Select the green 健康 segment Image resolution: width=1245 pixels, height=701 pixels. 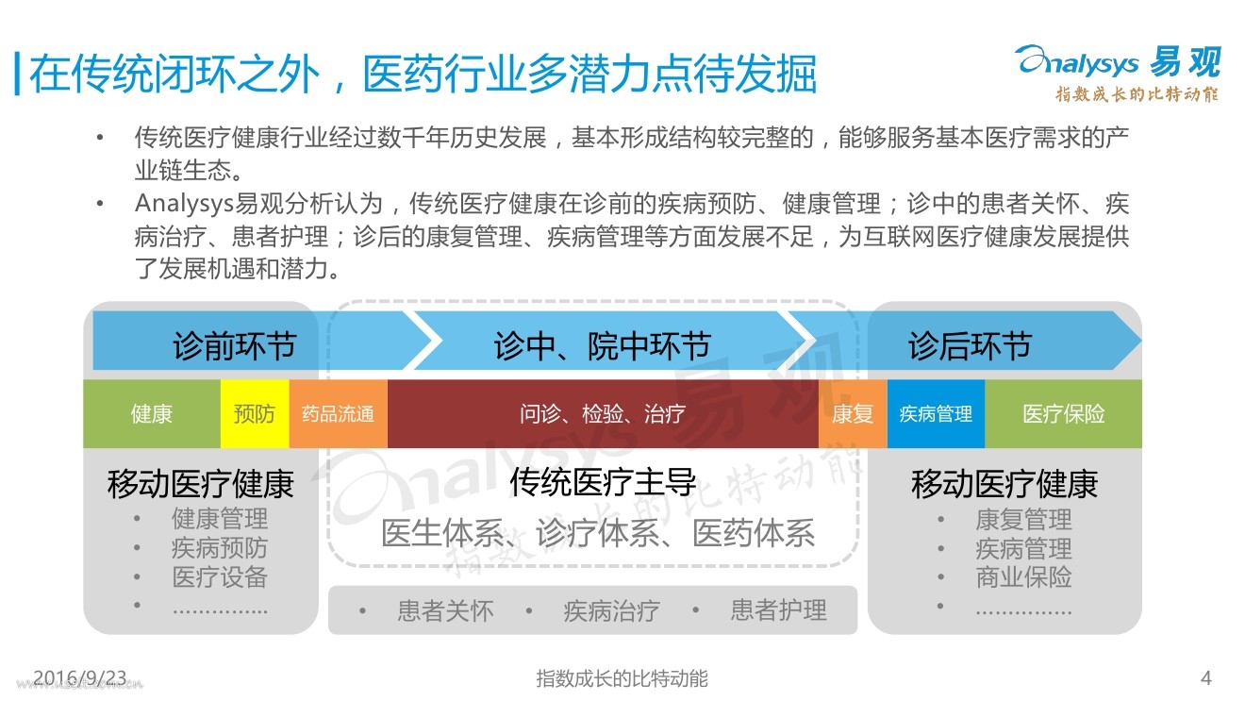[152, 414]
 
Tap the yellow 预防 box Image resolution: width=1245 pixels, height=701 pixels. [255, 414]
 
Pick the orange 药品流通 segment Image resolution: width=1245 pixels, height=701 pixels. [338, 414]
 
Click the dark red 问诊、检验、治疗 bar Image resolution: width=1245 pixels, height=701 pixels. [602, 414]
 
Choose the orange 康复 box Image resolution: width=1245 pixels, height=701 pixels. [853, 414]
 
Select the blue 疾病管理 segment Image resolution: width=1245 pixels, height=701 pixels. [936, 414]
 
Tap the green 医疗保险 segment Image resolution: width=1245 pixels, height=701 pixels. [1063, 414]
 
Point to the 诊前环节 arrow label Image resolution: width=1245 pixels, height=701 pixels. [234, 346]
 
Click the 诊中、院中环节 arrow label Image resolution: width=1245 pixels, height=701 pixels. [602, 346]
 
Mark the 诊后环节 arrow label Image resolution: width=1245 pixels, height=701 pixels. [970, 346]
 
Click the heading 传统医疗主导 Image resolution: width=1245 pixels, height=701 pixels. [603, 482]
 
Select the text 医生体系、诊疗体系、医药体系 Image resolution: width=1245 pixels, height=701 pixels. [598, 534]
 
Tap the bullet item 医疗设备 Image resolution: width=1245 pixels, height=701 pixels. [220, 577]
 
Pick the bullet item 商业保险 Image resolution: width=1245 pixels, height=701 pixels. [1023, 577]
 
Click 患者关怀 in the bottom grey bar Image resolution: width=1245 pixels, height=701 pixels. [445, 611]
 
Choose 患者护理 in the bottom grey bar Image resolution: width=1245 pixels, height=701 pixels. [778, 611]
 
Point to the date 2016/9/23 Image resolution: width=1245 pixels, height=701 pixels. [79, 676]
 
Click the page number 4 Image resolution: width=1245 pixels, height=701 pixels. [1204, 677]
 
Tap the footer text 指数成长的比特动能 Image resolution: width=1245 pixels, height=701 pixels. [622, 677]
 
